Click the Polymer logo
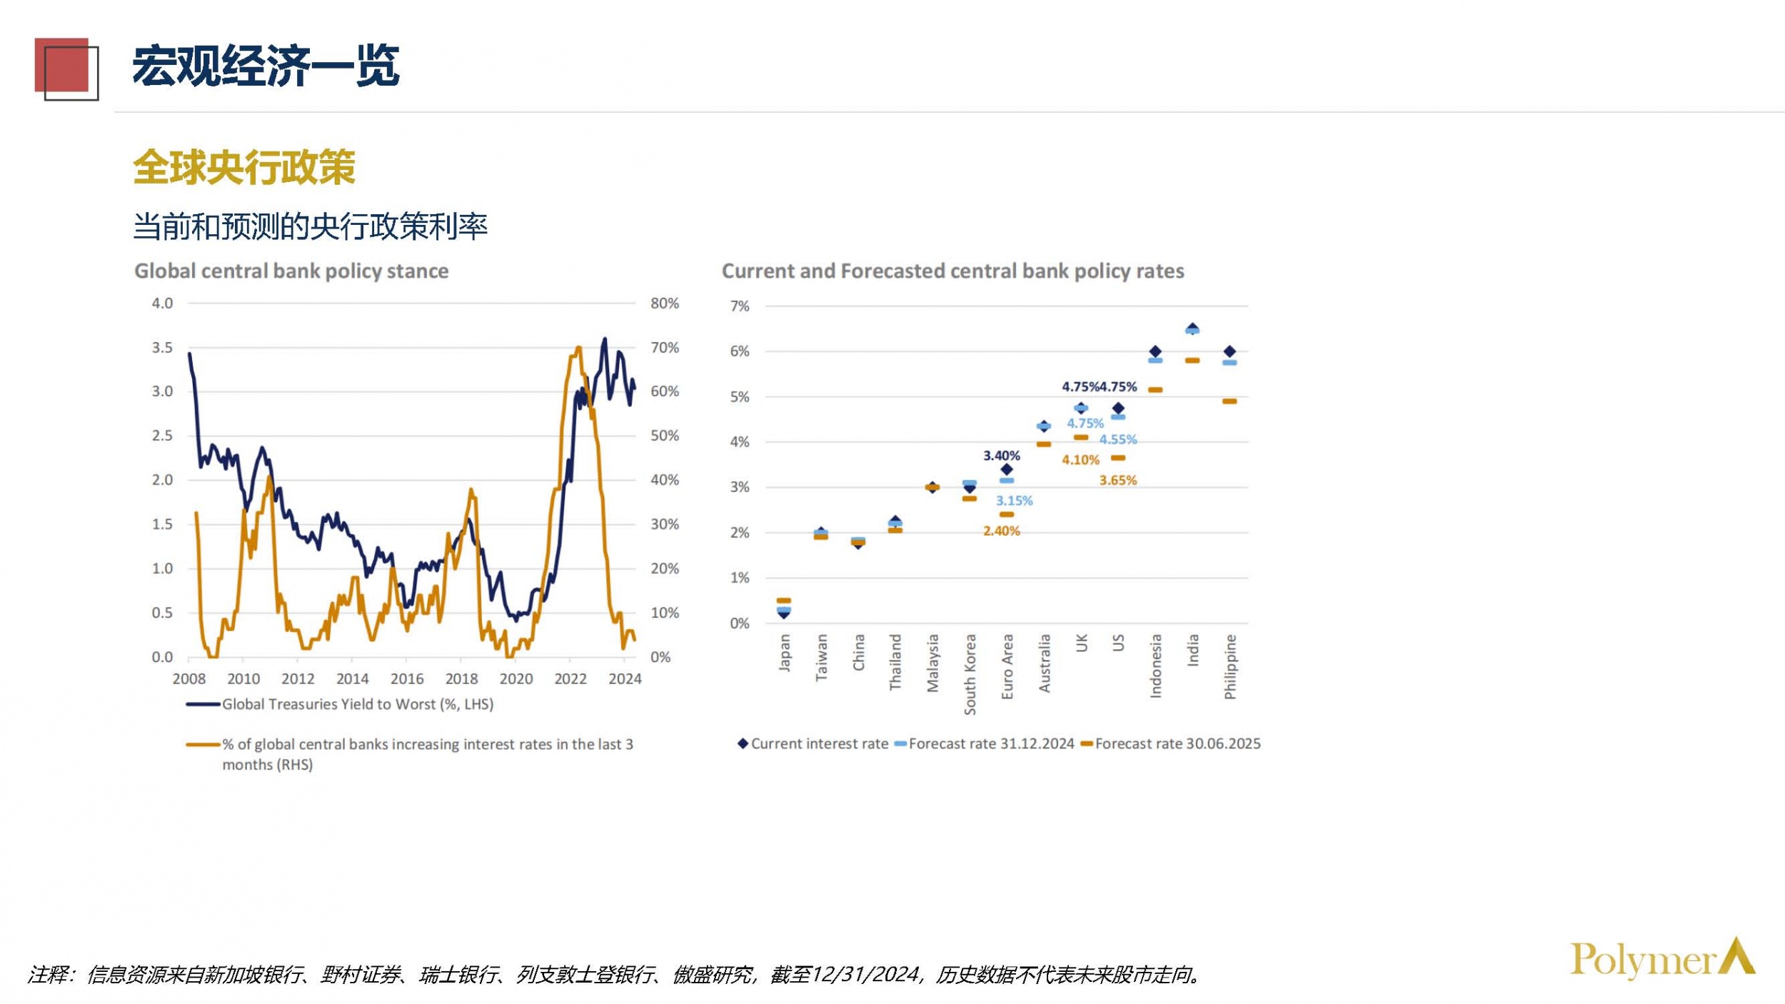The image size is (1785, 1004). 1661,958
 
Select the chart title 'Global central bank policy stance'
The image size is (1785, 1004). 291,271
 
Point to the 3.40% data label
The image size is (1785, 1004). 1001,456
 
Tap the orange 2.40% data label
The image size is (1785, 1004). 1001,531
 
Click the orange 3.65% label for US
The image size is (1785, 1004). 1117,481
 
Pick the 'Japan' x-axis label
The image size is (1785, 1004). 784,653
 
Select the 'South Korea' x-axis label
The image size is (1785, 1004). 970,674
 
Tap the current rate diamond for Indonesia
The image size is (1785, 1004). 1155,351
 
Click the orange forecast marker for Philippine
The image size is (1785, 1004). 1229,401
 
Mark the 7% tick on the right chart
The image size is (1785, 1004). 739,306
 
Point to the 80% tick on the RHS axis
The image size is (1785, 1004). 664,303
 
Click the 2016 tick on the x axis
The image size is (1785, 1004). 406,679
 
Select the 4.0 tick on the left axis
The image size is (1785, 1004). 162,303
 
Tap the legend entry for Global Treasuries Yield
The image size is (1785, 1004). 357,705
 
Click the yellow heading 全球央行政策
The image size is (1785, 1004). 244,168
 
